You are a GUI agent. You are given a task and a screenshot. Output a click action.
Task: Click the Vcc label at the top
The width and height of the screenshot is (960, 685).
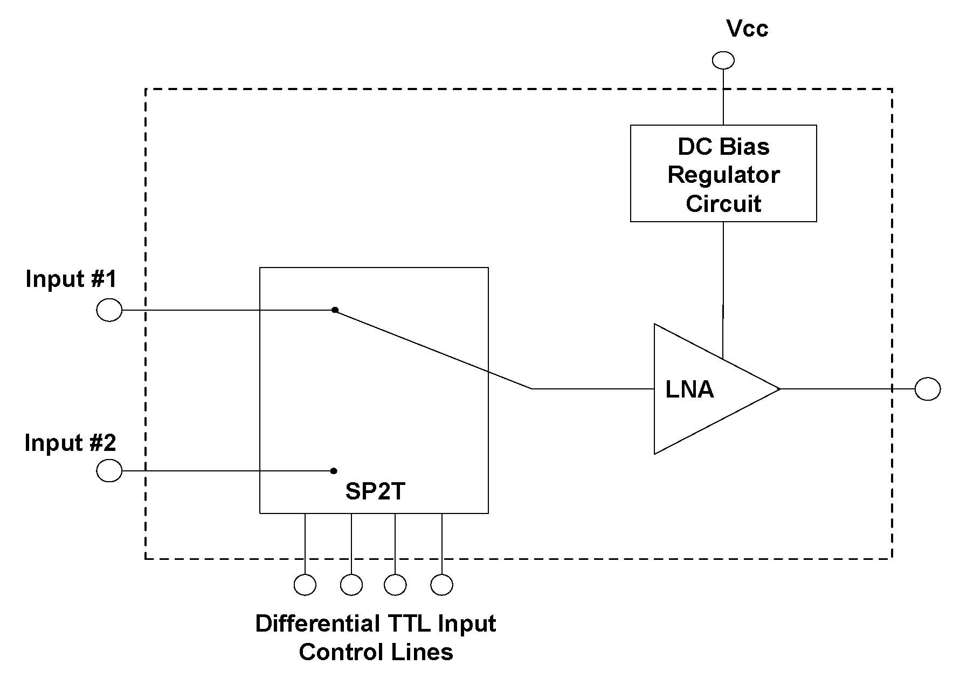coord(747,29)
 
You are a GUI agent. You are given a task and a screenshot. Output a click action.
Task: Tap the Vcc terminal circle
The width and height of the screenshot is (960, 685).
coord(723,60)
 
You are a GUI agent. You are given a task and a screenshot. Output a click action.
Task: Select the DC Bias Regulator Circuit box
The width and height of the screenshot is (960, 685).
coord(723,173)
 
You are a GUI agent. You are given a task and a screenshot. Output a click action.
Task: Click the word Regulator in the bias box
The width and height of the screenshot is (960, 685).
coord(723,175)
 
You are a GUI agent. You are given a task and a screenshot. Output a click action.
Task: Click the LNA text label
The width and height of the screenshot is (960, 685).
coord(689,389)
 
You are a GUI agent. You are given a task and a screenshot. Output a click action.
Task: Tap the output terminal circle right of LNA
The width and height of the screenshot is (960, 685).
coord(927,389)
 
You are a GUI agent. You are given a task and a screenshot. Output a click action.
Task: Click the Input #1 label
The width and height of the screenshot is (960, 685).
coord(71,279)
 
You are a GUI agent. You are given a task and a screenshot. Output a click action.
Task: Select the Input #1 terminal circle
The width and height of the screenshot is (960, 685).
coord(109,310)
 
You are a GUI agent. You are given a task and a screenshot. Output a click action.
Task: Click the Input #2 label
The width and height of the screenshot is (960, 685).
coord(70,443)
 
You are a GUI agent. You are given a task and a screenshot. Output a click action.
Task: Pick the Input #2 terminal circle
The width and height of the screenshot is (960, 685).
coord(109,470)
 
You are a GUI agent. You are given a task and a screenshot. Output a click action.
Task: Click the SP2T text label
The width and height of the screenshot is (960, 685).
coord(375,491)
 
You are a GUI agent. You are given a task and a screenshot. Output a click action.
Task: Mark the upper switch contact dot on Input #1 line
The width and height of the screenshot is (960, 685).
coord(335,310)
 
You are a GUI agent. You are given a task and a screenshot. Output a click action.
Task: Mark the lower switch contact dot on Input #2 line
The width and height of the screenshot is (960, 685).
coord(334,471)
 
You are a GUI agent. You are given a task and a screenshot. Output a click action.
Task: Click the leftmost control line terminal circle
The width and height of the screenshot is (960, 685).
coord(305,585)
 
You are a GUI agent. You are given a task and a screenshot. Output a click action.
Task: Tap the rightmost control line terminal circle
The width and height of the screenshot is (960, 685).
coord(442,585)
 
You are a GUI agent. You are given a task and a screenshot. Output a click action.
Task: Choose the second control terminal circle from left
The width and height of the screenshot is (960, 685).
coord(351,585)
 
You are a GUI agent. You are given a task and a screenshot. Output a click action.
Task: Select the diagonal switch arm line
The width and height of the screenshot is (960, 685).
coord(431,348)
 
